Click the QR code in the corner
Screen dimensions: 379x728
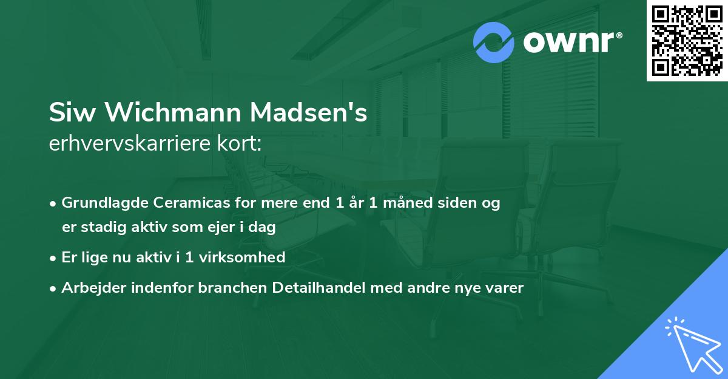click(687, 40)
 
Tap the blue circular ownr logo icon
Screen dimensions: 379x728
click(494, 42)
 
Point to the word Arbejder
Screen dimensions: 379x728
click(89, 287)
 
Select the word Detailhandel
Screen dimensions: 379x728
click(314, 287)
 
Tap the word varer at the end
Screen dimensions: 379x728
click(505, 287)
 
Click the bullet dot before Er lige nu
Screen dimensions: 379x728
click(54, 258)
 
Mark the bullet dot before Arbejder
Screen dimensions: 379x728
click(54, 288)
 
